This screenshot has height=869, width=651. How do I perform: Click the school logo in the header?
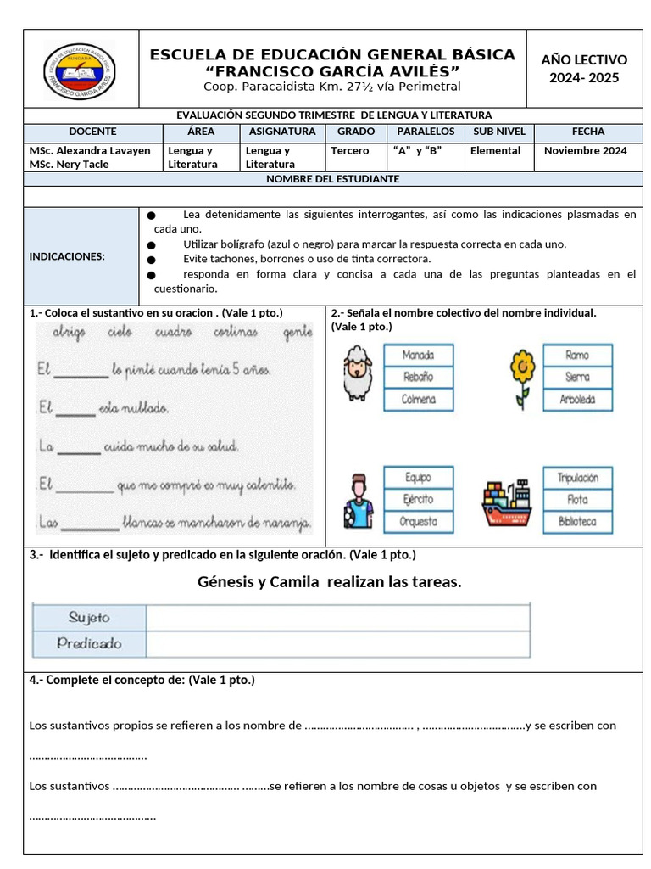pyautogui.click(x=80, y=70)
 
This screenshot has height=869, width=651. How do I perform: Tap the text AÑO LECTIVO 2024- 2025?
pyautogui.click(x=584, y=69)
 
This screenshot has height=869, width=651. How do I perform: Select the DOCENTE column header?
pyautogui.click(x=92, y=132)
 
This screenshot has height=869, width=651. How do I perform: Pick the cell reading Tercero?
pyautogui.click(x=350, y=151)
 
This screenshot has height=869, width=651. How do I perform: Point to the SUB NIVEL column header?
pyautogui.click(x=499, y=132)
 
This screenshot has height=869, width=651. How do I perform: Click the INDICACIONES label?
pyautogui.click(x=67, y=256)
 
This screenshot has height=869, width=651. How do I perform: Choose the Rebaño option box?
pyautogui.click(x=418, y=377)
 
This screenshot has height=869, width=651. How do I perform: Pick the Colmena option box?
pyautogui.click(x=418, y=399)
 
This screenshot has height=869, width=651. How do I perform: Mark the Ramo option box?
pyautogui.click(x=577, y=355)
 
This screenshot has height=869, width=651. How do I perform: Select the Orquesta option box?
pyautogui.click(x=418, y=522)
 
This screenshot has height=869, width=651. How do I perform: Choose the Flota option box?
pyautogui.click(x=577, y=500)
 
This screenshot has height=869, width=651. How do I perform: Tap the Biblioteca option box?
pyautogui.click(x=577, y=522)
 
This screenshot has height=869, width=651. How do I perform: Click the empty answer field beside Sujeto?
pyautogui.click(x=338, y=618)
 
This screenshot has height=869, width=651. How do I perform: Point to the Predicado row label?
pyautogui.click(x=89, y=643)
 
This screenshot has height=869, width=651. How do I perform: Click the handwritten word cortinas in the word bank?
pyautogui.click(x=236, y=332)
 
